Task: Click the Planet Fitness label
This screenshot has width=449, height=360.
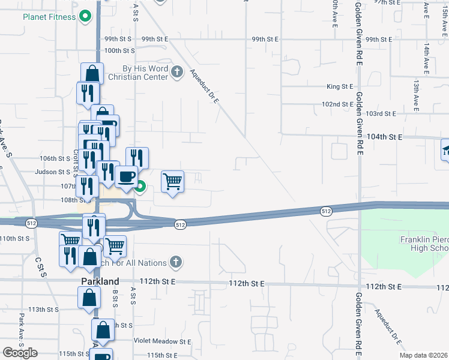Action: [x=49, y=16]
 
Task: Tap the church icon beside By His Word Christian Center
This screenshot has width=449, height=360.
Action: [x=176, y=73]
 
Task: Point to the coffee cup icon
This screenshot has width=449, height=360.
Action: [x=127, y=177]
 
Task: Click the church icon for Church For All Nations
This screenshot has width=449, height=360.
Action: [x=175, y=262]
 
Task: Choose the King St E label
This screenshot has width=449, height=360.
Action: [x=340, y=86]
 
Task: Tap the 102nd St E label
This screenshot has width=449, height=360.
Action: [x=337, y=104]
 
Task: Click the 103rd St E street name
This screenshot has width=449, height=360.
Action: [x=382, y=113]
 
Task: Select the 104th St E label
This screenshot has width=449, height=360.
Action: [x=384, y=137]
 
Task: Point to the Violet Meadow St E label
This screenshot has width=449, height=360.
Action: [x=162, y=341]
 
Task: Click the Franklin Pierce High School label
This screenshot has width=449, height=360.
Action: [x=424, y=244]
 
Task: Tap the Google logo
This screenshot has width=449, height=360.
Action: [x=20, y=353]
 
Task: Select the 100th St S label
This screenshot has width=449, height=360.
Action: [x=118, y=50]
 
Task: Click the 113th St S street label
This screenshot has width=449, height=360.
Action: [x=44, y=310]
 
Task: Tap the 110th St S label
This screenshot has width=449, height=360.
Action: [x=15, y=238]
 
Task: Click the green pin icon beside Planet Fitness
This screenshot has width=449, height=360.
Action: [x=85, y=16]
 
